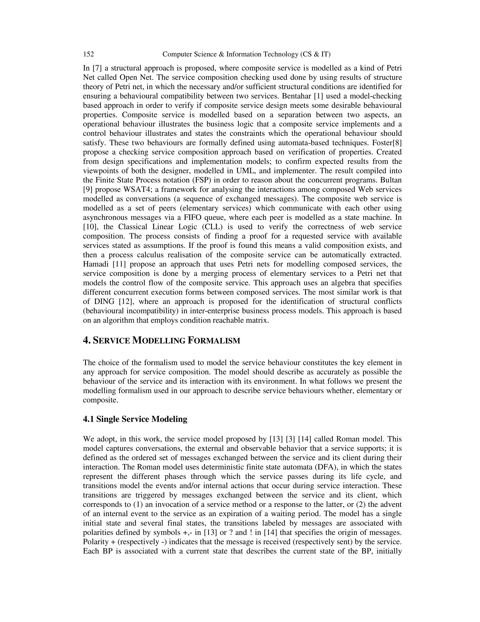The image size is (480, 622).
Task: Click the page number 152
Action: (88, 54)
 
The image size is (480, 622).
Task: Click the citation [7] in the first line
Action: (97, 68)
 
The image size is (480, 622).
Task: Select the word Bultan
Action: (391, 180)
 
